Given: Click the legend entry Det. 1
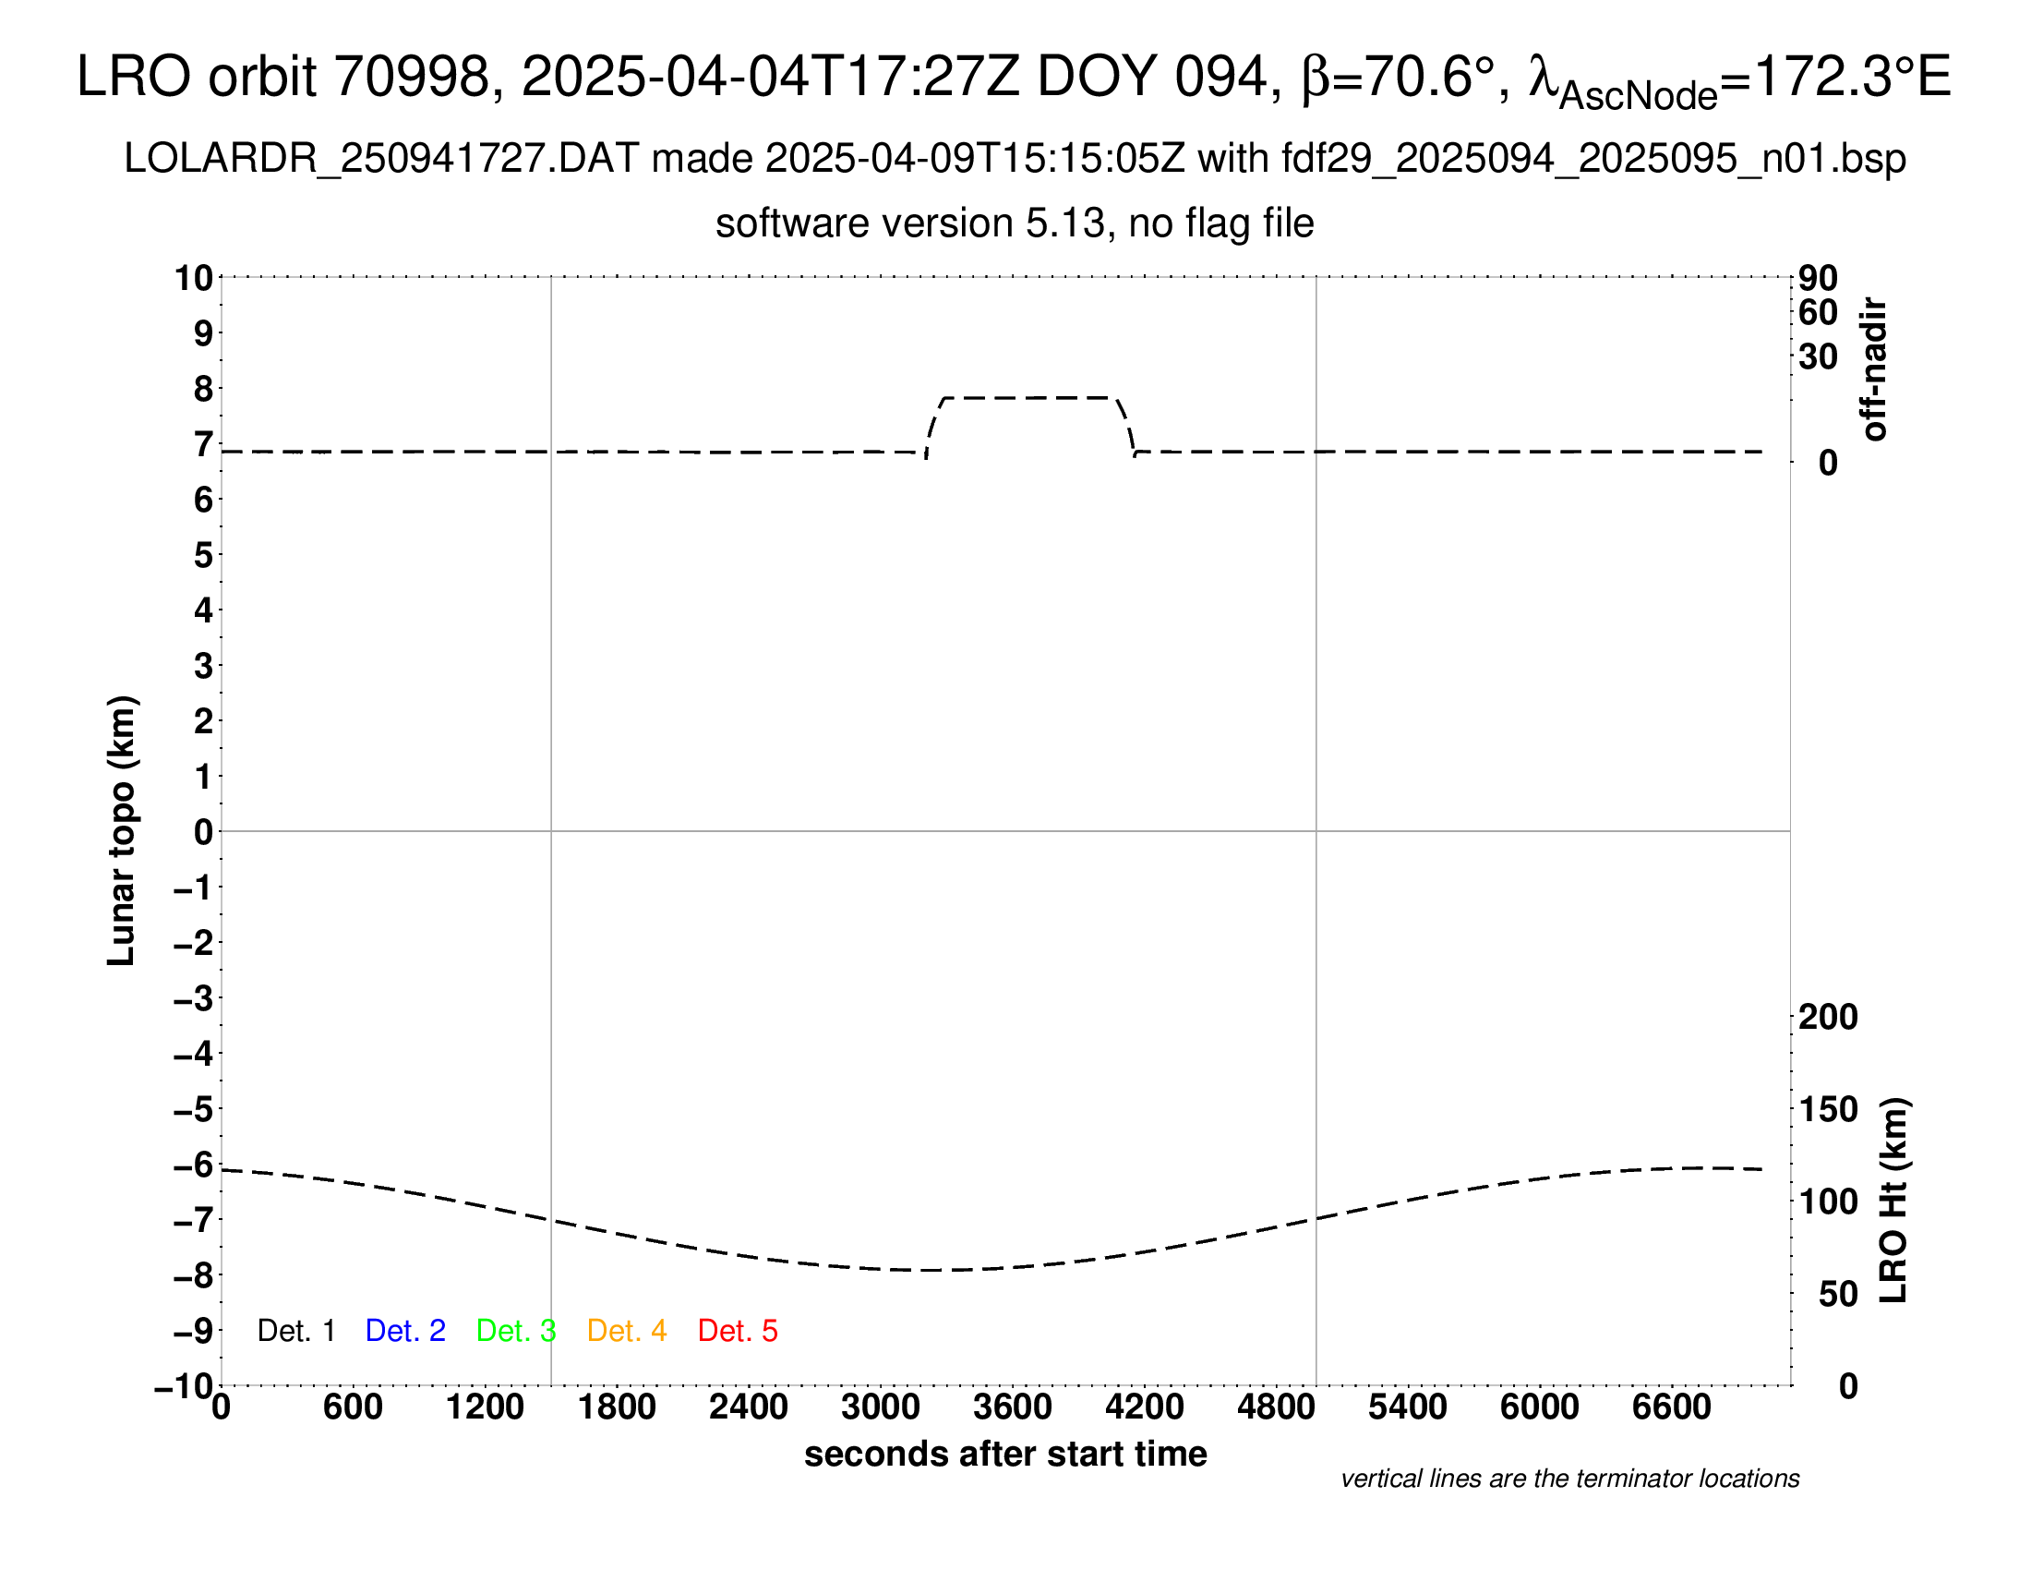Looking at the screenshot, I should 295,1331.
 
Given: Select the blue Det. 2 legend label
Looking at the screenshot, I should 405,1331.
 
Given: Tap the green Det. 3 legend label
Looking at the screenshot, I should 516,1331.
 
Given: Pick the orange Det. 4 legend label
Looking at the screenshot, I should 627,1331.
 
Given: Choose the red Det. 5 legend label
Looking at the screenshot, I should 738,1331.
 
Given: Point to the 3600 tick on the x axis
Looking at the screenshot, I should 1013,1407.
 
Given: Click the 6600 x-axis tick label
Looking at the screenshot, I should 1671,1407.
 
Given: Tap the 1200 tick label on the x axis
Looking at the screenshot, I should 485,1407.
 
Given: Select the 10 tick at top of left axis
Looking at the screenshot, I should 195,278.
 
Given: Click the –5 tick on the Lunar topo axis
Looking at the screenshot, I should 193,1109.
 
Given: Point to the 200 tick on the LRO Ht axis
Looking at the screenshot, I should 1828,1018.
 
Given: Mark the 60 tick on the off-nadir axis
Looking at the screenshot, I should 1818,313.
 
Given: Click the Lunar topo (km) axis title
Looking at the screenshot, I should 122,830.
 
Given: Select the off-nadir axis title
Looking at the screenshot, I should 1874,369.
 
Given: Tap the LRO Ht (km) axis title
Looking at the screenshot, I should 1893,1201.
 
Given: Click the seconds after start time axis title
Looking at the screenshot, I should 1005,1454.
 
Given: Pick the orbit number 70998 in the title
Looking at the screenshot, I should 412,77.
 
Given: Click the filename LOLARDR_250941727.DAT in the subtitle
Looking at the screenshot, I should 381,159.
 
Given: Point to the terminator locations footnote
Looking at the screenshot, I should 1569,1479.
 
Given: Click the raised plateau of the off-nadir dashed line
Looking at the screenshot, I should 1030,398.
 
